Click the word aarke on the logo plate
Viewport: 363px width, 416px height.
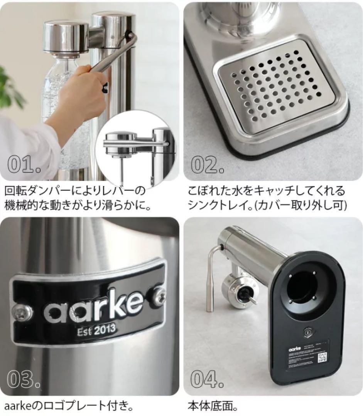coord(93,306)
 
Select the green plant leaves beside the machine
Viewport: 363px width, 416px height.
coord(10,89)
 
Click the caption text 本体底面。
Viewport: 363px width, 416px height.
coord(212,405)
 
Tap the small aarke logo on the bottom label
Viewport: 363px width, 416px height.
coord(294,346)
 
